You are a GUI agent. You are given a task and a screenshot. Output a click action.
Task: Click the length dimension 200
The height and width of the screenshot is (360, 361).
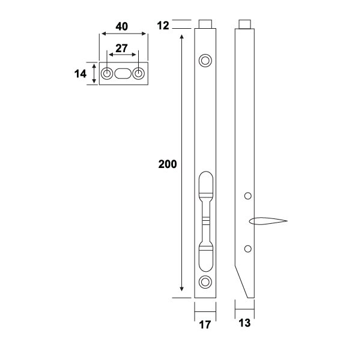(167, 164)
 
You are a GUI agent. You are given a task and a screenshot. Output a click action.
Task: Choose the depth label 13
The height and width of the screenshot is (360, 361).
(244, 323)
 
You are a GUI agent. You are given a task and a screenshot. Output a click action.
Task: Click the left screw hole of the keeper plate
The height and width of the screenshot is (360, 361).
(106, 74)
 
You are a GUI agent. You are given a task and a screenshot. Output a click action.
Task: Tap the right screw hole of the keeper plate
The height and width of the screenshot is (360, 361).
(139, 74)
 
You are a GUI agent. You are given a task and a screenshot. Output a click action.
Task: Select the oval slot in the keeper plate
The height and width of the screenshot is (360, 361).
(123, 74)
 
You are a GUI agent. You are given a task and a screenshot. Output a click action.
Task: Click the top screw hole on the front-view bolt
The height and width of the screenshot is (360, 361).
(205, 60)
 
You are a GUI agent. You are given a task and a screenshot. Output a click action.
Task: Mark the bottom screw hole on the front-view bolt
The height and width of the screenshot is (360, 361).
(205, 282)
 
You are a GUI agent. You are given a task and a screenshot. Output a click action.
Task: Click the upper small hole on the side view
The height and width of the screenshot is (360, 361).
(247, 196)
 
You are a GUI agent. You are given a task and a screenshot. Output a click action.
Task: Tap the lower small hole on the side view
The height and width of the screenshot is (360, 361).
(247, 248)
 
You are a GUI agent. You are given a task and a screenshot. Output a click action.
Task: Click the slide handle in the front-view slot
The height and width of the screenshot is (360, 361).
(205, 221)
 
